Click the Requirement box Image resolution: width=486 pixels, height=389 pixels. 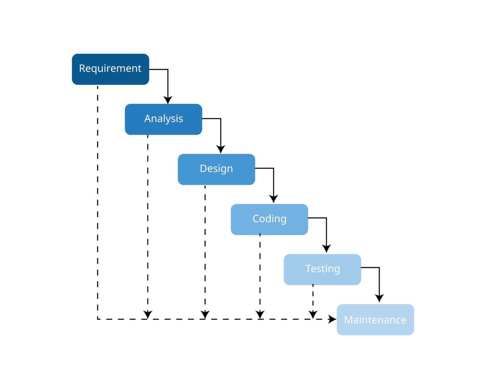110,69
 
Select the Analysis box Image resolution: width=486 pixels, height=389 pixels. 163,119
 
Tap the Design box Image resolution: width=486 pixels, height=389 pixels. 216,169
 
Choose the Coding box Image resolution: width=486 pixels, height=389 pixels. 269,219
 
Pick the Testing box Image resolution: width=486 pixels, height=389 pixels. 322,269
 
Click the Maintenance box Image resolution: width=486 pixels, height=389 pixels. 375,320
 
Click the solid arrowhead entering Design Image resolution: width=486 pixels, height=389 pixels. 221,149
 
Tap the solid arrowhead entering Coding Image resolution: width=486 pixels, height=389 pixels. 273,199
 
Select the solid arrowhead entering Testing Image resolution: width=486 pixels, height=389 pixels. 326,249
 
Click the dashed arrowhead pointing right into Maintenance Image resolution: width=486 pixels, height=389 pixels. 332,319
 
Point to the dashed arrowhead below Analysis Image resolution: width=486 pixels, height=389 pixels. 148,315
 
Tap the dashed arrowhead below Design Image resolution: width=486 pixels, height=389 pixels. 205,315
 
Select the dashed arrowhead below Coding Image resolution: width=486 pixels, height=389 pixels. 260,315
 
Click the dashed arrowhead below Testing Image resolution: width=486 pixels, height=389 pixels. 313,315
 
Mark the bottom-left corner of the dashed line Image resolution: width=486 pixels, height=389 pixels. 98,319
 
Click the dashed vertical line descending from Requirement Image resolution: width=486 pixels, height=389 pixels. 98,198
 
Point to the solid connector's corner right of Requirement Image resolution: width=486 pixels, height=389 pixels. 168,69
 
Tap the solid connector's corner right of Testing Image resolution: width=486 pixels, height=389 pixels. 379,268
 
